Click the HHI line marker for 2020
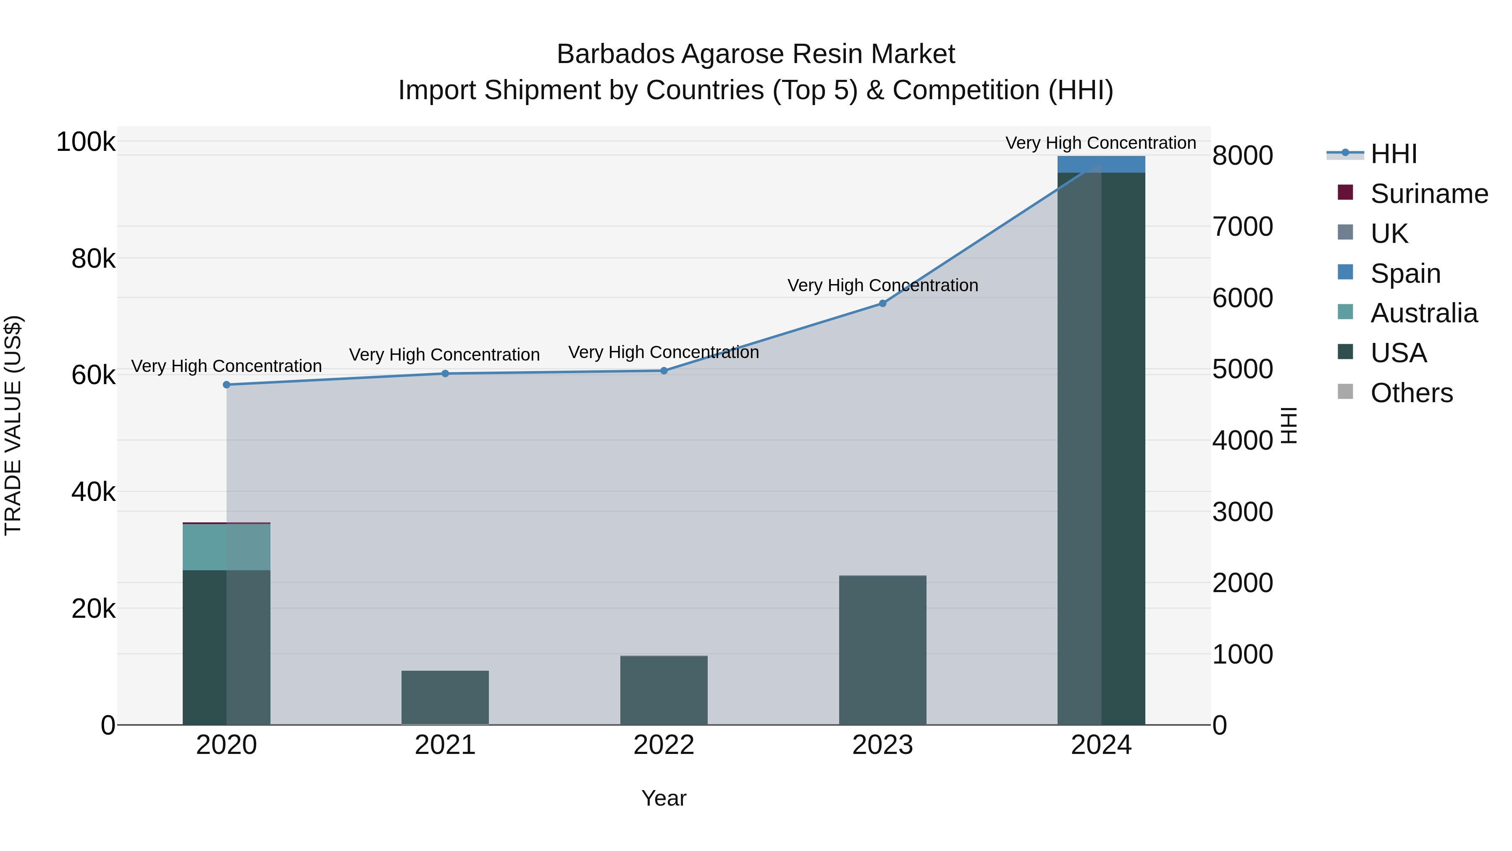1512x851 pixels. click(226, 385)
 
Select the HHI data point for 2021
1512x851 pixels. click(445, 374)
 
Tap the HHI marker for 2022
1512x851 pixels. click(664, 371)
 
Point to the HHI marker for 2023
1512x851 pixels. click(882, 304)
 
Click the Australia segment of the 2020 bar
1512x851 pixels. click(226, 546)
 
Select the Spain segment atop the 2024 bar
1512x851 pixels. click(1101, 164)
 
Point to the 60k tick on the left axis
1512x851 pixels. click(93, 375)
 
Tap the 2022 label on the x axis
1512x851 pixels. click(664, 745)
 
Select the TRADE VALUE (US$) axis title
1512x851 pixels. click(13, 425)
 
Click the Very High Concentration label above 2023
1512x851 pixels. click(882, 285)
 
